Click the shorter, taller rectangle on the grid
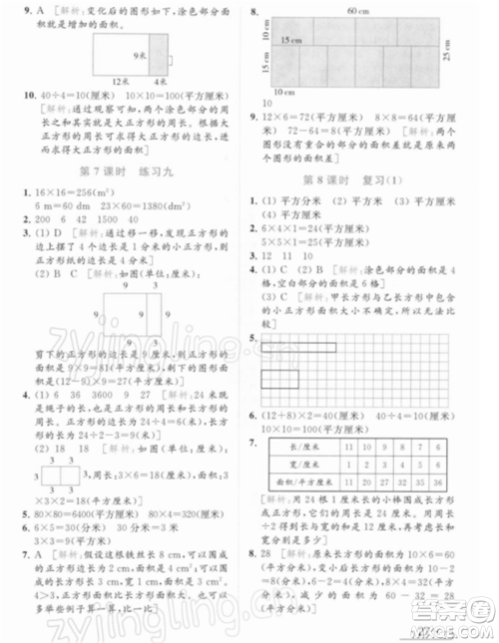click(x=280, y=378)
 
